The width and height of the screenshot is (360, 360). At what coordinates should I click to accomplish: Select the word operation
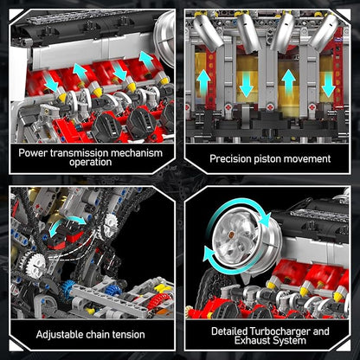pyautogui.click(x=89, y=164)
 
